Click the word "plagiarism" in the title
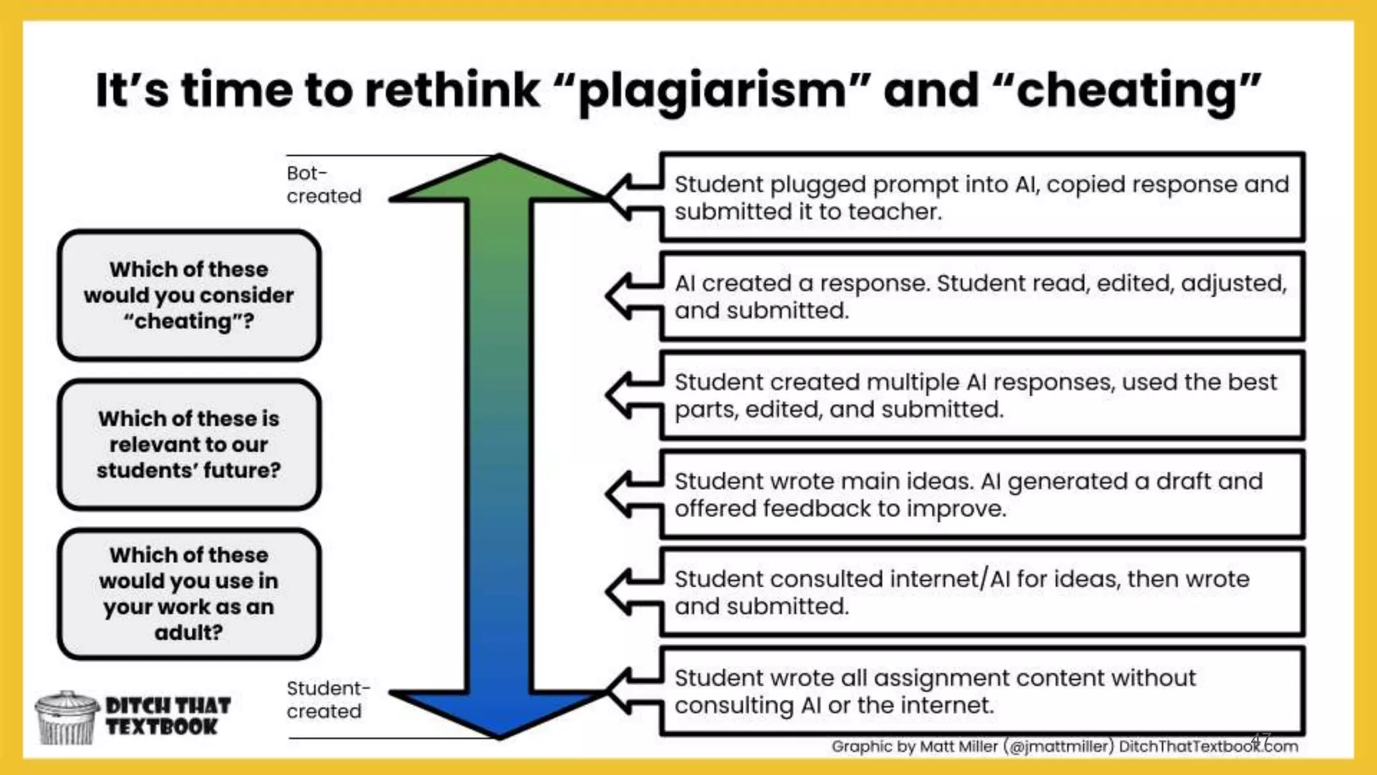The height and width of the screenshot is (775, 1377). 711,91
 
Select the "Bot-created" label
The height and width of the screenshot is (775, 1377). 323,184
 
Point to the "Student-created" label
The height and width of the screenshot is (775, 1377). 327,700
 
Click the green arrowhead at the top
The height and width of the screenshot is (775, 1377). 499,180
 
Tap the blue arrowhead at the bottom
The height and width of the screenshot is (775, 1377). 499,713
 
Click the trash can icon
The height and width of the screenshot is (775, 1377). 66,718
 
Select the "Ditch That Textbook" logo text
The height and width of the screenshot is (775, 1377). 167,716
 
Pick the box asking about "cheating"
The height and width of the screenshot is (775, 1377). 189,295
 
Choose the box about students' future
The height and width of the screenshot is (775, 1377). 189,444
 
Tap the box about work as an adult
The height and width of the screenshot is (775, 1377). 189,593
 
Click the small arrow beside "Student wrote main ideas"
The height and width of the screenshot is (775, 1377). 632,494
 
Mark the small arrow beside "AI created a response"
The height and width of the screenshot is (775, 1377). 632,296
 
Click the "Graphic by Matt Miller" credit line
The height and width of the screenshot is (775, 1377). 1064,746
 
